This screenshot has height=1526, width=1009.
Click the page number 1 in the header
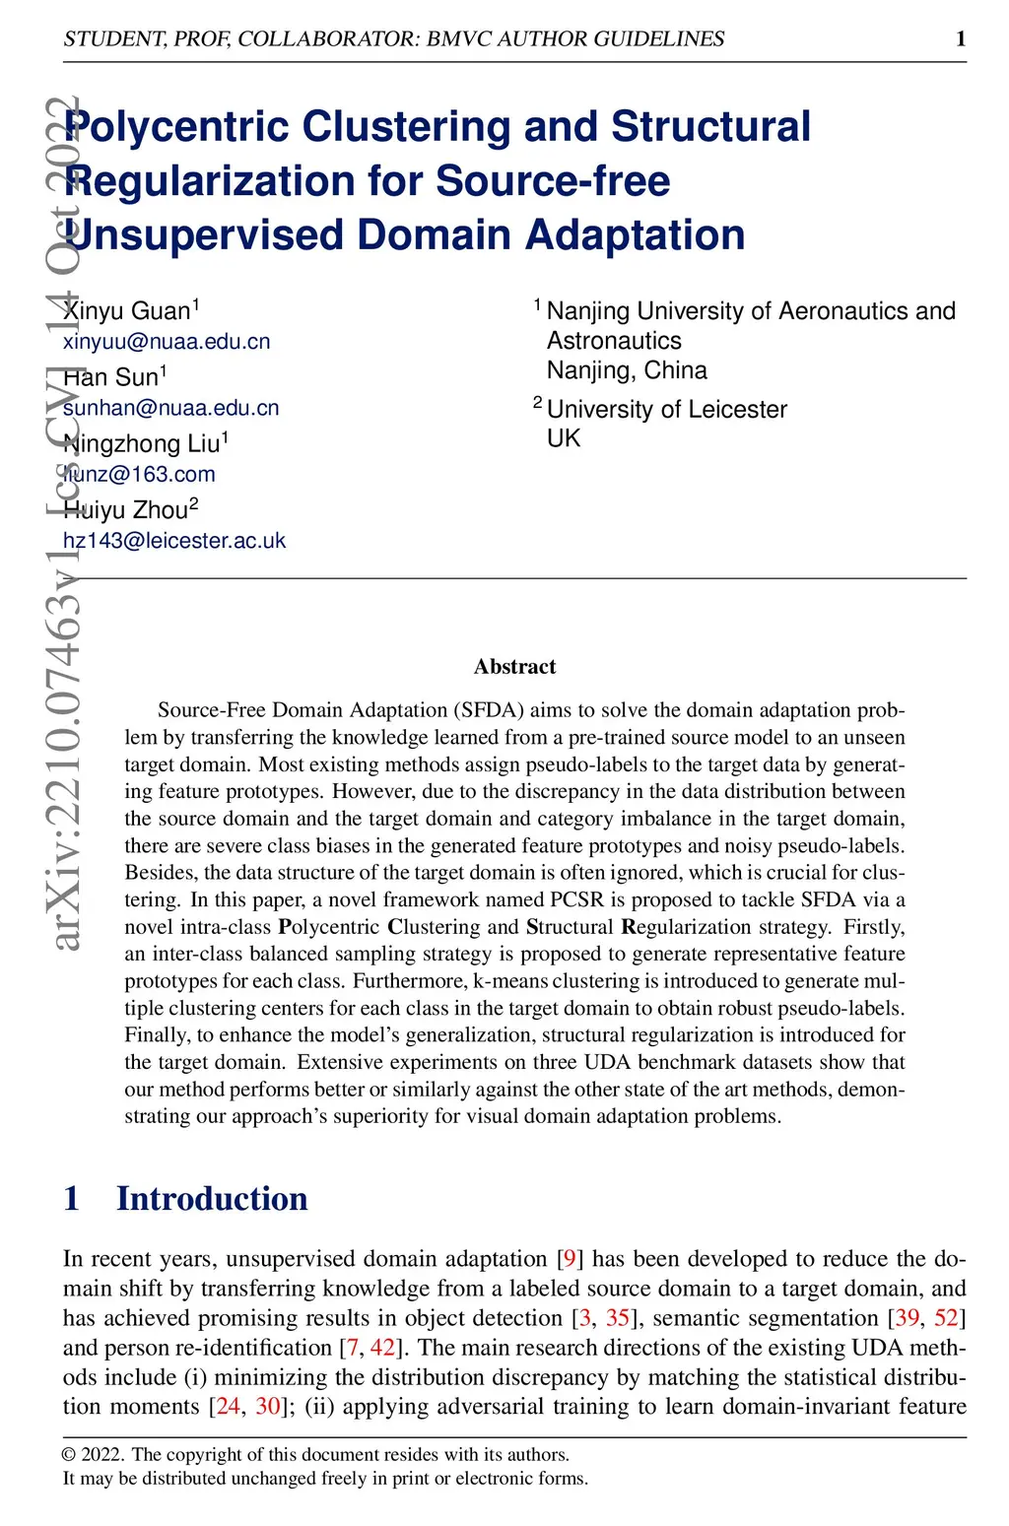point(961,38)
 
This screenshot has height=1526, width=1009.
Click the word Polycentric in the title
point(176,127)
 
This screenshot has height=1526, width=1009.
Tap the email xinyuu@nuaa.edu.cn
point(167,342)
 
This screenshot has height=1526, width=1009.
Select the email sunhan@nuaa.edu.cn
point(170,408)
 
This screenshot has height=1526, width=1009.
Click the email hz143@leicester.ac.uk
point(174,541)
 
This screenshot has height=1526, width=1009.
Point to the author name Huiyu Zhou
point(130,509)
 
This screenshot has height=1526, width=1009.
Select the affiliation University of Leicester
point(667,409)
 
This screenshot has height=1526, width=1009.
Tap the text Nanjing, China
point(627,370)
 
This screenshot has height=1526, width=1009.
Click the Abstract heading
point(514,667)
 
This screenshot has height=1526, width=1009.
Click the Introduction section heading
point(212,1199)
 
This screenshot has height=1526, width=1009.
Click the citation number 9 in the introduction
point(570,1259)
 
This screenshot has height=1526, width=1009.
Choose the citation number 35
point(618,1318)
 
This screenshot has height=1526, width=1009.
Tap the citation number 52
point(946,1318)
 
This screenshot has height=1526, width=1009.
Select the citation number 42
point(382,1348)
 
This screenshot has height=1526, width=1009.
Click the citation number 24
point(228,1407)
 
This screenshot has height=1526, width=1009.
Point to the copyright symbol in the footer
point(69,1455)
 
